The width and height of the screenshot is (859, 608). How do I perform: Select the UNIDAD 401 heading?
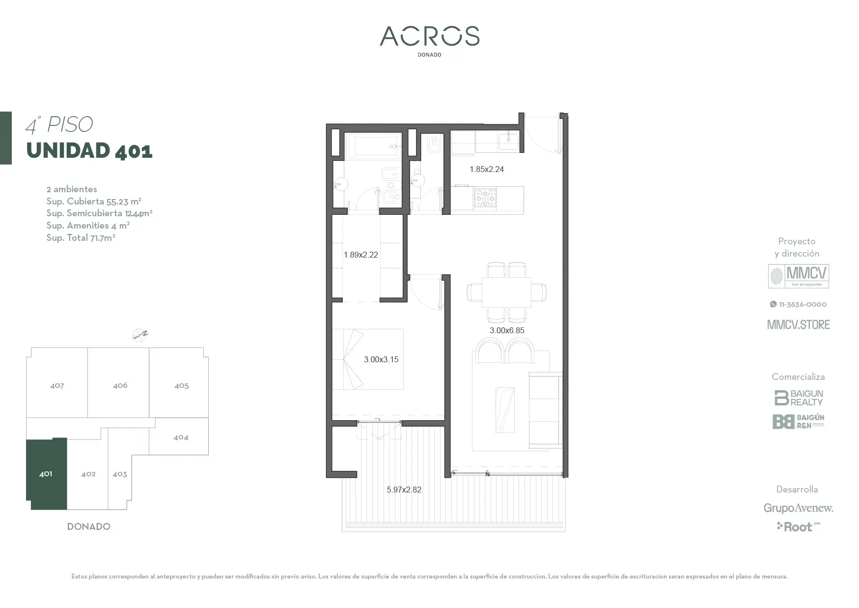(89, 150)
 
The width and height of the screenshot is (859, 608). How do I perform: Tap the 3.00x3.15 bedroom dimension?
(381, 359)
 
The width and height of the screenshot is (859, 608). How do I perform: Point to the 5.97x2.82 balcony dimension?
(404, 490)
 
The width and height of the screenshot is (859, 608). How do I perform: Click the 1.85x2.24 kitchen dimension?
(486, 169)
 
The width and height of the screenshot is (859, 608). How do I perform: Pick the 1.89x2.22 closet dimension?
(360, 255)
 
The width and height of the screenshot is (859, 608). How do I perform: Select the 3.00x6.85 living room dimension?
(507, 330)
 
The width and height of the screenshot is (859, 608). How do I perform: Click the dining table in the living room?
(507, 292)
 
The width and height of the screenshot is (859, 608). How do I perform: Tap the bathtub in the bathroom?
(373, 146)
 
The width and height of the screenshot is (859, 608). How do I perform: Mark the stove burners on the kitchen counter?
(485, 197)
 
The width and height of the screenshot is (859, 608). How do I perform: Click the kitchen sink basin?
(508, 142)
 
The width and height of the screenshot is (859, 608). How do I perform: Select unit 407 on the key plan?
(57, 385)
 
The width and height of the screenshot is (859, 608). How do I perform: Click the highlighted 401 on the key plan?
(46, 474)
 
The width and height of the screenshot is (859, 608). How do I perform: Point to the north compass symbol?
(140, 335)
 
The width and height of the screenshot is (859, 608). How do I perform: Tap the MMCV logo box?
(799, 276)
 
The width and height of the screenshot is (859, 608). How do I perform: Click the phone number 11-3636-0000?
(799, 304)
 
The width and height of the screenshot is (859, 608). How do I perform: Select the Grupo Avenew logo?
(799, 508)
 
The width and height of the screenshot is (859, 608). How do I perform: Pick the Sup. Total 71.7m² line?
(81, 237)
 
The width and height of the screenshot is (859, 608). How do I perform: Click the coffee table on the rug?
(505, 410)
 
